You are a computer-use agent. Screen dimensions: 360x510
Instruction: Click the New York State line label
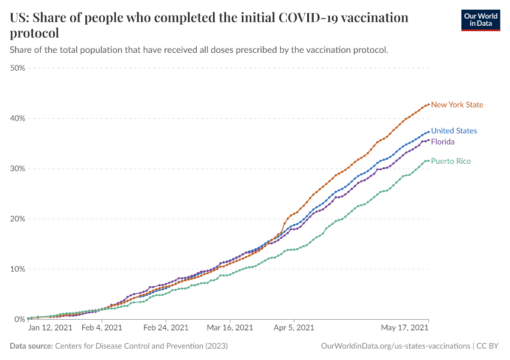(x=457, y=105)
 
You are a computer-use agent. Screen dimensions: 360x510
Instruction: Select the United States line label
(x=454, y=131)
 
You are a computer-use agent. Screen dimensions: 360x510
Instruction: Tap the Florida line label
(x=443, y=142)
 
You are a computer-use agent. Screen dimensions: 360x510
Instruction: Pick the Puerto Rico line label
(x=451, y=161)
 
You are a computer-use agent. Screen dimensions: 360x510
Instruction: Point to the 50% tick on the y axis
(x=17, y=68)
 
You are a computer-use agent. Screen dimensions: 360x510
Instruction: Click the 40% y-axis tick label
(x=17, y=118)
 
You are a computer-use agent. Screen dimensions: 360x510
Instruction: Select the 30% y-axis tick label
(x=17, y=169)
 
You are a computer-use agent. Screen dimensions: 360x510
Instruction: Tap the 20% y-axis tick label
(x=17, y=218)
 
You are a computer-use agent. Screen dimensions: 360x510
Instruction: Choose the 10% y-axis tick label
(x=17, y=269)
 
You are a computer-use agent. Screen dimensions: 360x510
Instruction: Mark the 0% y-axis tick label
(x=20, y=319)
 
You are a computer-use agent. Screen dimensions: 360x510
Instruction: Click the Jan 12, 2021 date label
(x=50, y=328)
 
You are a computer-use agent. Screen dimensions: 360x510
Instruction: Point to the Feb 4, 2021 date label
(x=101, y=328)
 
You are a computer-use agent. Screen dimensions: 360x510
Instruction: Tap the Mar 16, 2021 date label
(x=230, y=328)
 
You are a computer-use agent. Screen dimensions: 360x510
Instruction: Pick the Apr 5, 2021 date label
(x=294, y=328)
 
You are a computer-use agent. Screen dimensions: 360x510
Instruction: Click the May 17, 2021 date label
(x=406, y=328)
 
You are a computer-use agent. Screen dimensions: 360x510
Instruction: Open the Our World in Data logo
(x=480, y=20)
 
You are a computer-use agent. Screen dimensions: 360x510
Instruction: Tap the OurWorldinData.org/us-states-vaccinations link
(x=395, y=346)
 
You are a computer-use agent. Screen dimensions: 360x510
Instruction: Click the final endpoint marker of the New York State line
(x=428, y=104)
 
